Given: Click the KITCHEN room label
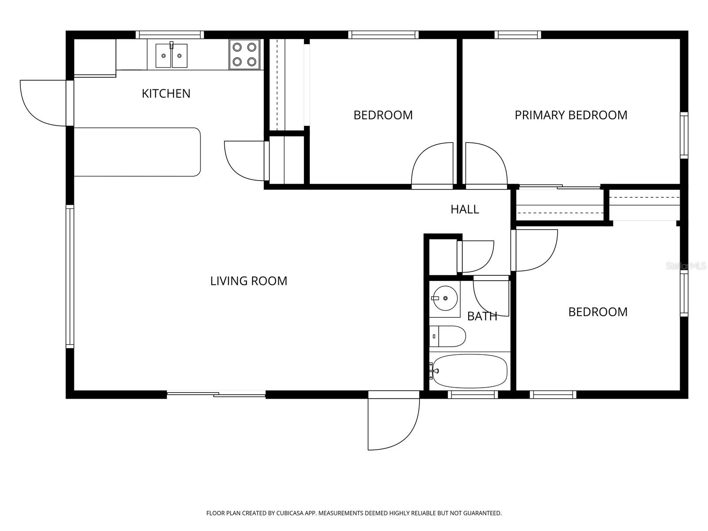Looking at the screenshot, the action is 166,93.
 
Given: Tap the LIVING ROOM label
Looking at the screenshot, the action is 249,281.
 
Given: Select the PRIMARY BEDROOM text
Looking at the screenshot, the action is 571,115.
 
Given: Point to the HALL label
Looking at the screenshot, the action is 465,209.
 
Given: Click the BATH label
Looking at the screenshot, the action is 482,316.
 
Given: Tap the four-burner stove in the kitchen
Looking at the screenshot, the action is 245,54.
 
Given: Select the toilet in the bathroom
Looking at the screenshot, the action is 447,336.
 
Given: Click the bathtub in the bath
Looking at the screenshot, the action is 470,371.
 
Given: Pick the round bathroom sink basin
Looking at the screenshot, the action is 445,298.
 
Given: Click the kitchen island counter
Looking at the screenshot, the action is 138,152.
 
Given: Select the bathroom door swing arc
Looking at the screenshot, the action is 491,296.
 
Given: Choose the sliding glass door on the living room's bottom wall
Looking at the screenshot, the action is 216,394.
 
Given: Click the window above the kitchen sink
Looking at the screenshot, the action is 169,35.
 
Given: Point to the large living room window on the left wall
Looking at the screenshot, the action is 70,277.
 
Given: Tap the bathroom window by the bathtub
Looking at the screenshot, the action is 473,394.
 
